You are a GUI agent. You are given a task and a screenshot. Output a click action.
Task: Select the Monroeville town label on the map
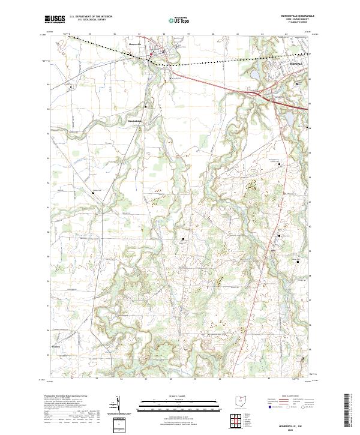pyautogui.click(x=134, y=44)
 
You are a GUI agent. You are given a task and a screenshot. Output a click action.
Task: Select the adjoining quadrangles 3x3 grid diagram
pyautogui.click(x=238, y=420)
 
